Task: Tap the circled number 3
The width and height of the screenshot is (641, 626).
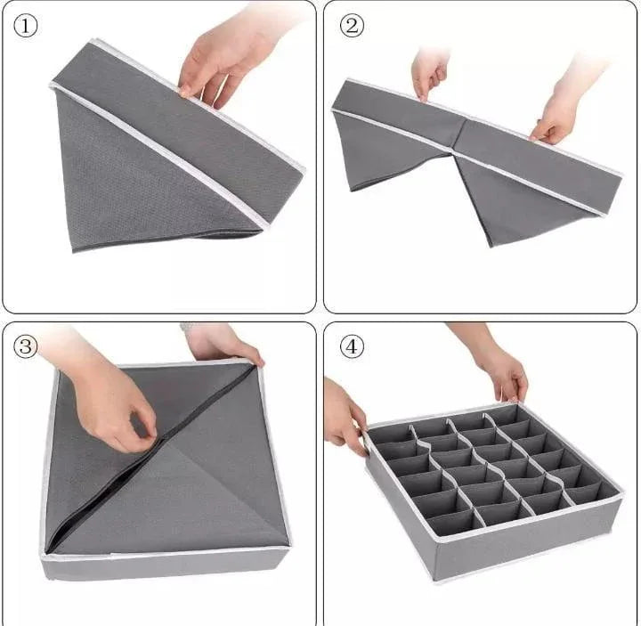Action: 26,346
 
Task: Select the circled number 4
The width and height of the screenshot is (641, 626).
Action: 353,347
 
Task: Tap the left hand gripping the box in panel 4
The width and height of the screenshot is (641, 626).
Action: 344,414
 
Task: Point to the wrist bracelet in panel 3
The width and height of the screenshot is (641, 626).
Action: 186,327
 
